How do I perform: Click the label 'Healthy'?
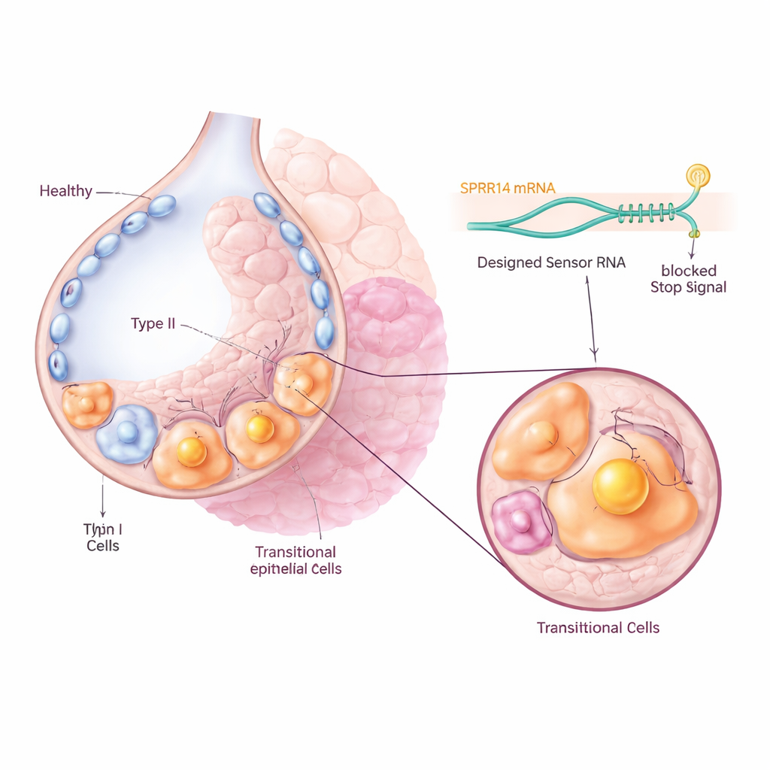(x=65, y=191)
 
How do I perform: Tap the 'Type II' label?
(x=153, y=323)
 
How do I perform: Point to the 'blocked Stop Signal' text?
(x=688, y=278)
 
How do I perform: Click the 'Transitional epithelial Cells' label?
(x=296, y=560)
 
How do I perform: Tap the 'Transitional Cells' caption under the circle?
(x=598, y=627)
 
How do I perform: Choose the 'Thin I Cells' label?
(x=102, y=537)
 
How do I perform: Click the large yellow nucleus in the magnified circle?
(x=620, y=487)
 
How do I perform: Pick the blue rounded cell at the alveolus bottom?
(x=126, y=434)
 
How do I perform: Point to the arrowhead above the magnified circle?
(x=595, y=353)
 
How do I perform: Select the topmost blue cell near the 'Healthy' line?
(x=161, y=206)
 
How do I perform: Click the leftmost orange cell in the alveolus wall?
(x=86, y=404)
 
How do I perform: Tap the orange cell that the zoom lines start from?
(x=302, y=383)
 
